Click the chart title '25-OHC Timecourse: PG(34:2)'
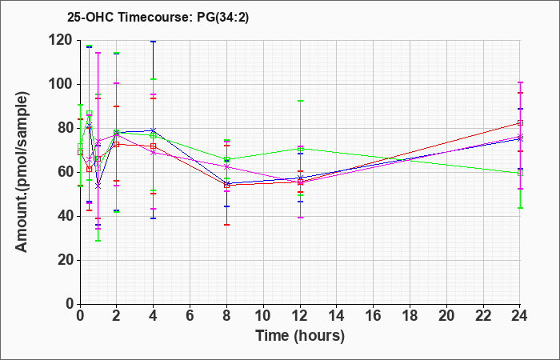click(158, 18)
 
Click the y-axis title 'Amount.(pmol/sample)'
click(22, 172)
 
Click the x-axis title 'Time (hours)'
click(300, 336)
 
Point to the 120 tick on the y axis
click(63, 40)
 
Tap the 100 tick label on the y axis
click(63, 84)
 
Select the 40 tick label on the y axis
click(66, 217)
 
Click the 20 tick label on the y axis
click(66, 260)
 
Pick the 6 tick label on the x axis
click(190, 315)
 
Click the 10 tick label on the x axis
click(263, 315)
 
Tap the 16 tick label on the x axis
click(374, 315)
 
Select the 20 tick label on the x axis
click(446, 315)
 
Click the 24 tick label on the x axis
click(520, 315)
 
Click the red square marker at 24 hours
click(520, 123)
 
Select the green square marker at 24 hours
click(520, 174)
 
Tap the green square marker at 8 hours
click(226, 159)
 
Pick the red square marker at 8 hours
click(226, 186)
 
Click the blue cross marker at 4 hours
click(154, 130)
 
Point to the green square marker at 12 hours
click(300, 149)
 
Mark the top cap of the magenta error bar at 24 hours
click(520, 82)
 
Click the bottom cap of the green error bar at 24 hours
click(520, 208)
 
